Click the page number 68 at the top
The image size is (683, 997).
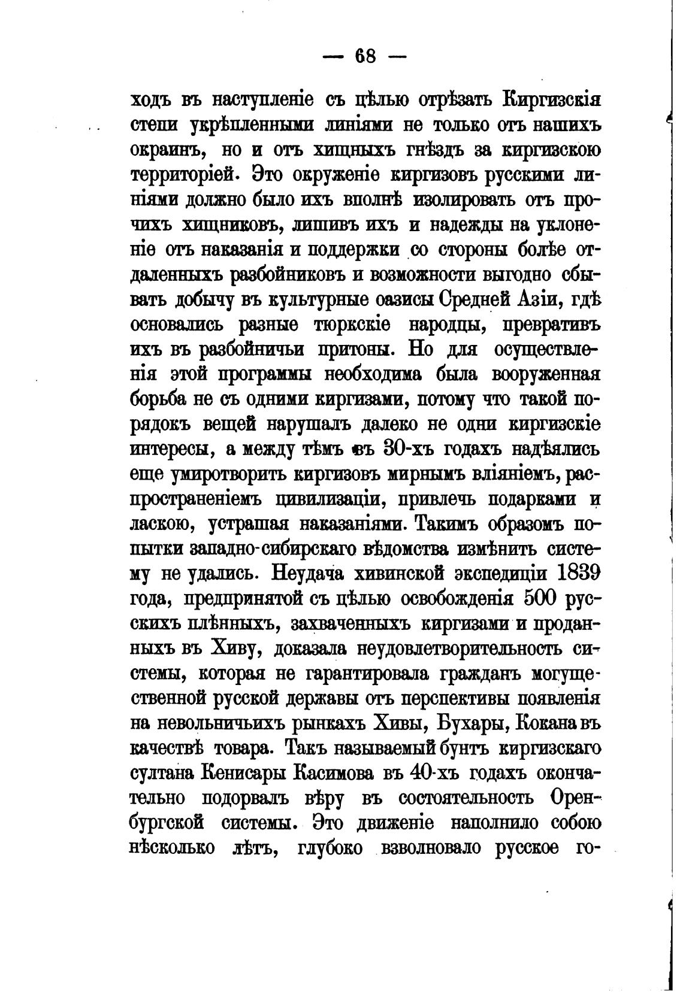pyautogui.click(x=365, y=56)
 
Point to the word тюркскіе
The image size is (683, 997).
pyautogui.click(x=352, y=325)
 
